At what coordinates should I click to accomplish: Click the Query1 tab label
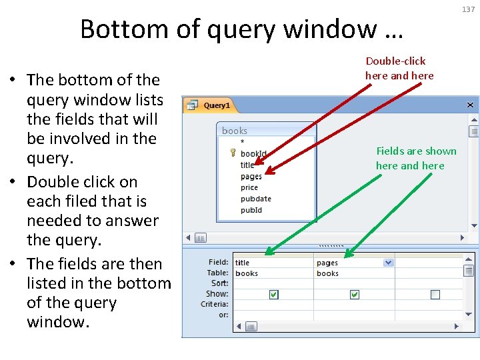[x=216, y=105]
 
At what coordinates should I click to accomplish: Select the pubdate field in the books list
[x=256, y=199]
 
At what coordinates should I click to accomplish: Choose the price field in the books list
[x=249, y=188]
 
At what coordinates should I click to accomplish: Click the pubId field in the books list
[x=251, y=210]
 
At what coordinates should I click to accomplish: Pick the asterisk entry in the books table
[x=242, y=142]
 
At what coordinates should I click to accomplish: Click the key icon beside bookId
[x=233, y=153]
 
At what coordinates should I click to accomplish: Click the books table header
[x=235, y=131]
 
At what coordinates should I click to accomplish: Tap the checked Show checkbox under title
[x=273, y=295]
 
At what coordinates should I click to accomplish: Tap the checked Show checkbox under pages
[x=355, y=295]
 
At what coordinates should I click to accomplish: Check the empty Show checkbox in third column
[x=435, y=295]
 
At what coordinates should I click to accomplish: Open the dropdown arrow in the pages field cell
[x=388, y=263]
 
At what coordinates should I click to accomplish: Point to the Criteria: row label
[x=214, y=304]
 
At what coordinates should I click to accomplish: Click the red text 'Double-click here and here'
[x=399, y=68]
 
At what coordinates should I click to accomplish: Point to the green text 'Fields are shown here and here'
[x=416, y=158]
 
